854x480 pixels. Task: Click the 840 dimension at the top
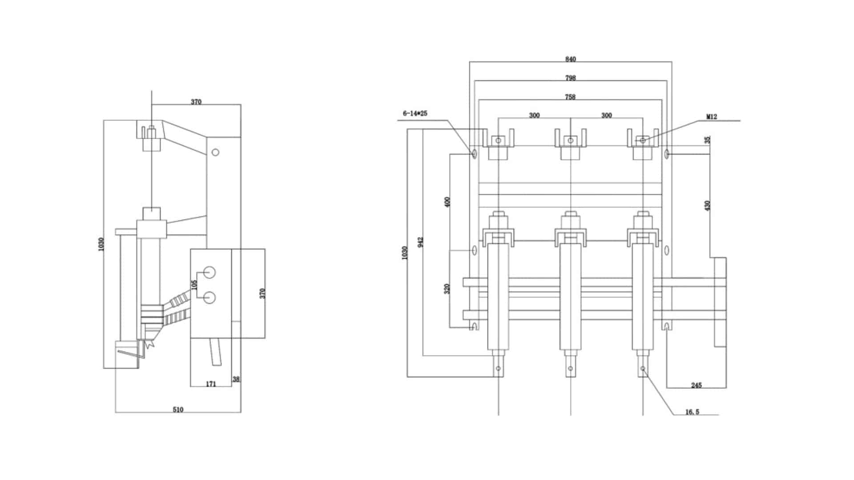coord(570,59)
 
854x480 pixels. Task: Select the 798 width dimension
coord(570,78)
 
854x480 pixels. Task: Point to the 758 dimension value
coord(570,96)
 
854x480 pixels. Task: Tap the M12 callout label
coord(712,117)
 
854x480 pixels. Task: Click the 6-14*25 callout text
coord(415,114)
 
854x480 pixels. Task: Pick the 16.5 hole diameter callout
coord(692,412)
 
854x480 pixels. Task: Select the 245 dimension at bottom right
coord(697,385)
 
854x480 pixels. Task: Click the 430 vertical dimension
coord(708,205)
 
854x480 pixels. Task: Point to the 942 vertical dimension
coord(421,242)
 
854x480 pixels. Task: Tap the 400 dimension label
coord(447,202)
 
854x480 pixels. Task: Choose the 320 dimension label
coord(447,288)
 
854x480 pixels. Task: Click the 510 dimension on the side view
coord(178,409)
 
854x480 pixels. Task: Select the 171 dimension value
coord(211,384)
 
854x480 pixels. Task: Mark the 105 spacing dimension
coord(194,285)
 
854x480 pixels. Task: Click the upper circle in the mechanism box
coord(209,272)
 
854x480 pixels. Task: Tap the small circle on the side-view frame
coord(215,152)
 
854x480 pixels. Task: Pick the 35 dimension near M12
coord(708,140)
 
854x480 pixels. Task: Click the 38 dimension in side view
coord(236,379)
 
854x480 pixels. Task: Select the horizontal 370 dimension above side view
coord(196,102)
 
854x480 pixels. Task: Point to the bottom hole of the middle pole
coord(571,368)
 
